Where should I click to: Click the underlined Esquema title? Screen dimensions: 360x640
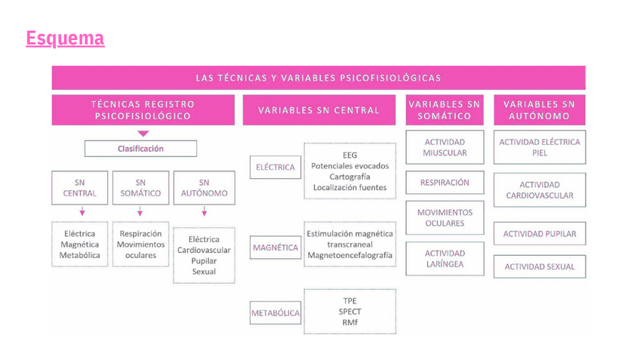coord(65,38)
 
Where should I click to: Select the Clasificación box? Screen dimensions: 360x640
coord(140,149)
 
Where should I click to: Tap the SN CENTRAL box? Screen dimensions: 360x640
coord(79,187)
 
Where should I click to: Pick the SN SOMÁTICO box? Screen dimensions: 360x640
coord(140,187)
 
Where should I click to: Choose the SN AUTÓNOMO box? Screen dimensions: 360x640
coord(204,187)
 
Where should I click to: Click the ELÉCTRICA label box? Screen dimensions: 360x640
coord(275,167)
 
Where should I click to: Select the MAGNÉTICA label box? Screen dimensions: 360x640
coord(275,248)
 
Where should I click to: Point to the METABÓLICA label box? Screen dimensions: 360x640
coord(275,312)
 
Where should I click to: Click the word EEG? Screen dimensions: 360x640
coord(349,155)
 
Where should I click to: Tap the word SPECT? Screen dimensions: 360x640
coord(349,311)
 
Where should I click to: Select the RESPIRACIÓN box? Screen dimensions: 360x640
coord(445,183)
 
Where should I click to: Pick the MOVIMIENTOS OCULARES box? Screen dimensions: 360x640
coord(445,217)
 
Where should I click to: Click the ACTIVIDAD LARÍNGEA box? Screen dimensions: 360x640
coord(445,259)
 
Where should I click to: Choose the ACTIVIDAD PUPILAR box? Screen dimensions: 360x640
coord(540,234)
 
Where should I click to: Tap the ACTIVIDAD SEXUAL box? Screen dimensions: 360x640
coord(540,266)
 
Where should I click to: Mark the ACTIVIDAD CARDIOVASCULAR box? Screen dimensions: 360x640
coord(540,190)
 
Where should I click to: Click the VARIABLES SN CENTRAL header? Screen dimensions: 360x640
coord(318,110)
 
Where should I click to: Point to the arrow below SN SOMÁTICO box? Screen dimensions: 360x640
coord(140,212)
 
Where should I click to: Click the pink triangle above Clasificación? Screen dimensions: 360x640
coord(143,134)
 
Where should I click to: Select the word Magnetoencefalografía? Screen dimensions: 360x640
coord(349,255)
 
